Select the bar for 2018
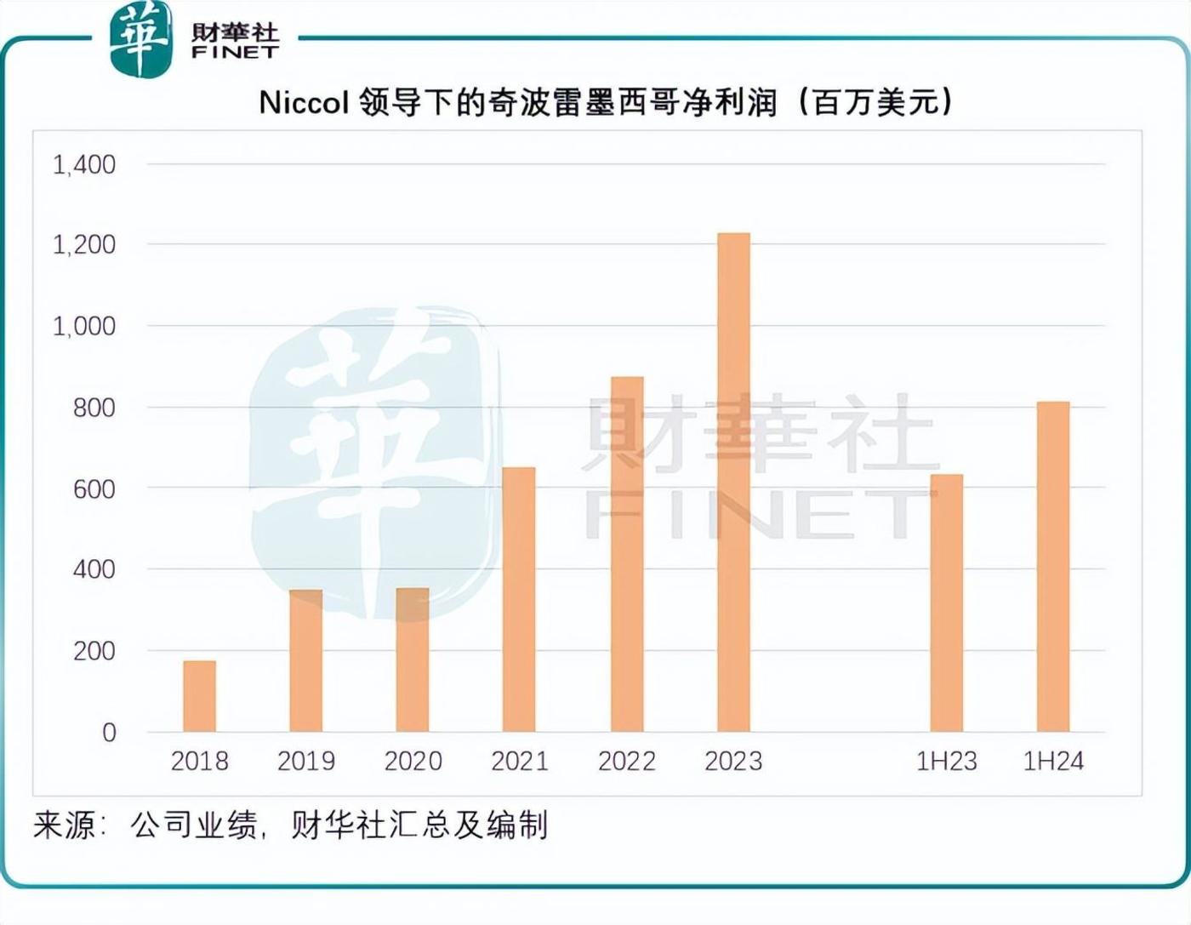(x=199, y=696)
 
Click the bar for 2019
(x=306, y=660)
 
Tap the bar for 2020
(x=413, y=659)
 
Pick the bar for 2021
(x=519, y=599)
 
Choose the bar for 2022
(x=627, y=554)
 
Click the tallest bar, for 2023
(x=733, y=482)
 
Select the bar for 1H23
(x=946, y=602)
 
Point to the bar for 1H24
(x=1053, y=567)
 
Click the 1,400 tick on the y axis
(x=84, y=164)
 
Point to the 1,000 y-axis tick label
(x=84, y=326)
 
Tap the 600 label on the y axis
(x=94, y=489)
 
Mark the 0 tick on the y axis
(x=109, y=732)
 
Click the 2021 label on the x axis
(x=519, y=761)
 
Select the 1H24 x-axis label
(x=1053, y=761)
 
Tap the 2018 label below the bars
(x=199, y=761)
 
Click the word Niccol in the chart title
(x=304, y=102)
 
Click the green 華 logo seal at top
(x=140, y=39)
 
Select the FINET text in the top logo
(x=235, y=52)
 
